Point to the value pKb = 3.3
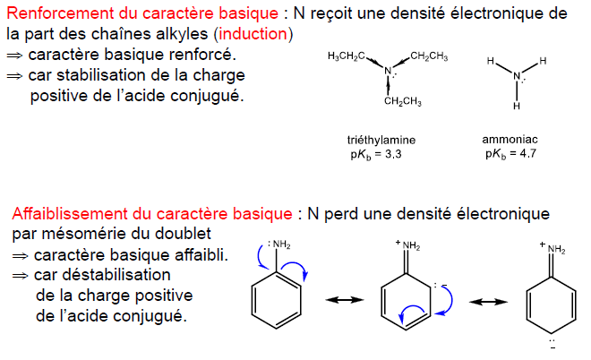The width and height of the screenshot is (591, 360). pos(375,154)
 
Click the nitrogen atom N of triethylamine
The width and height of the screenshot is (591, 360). pos(388,72)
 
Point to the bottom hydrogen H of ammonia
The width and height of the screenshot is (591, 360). pos(516,106)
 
